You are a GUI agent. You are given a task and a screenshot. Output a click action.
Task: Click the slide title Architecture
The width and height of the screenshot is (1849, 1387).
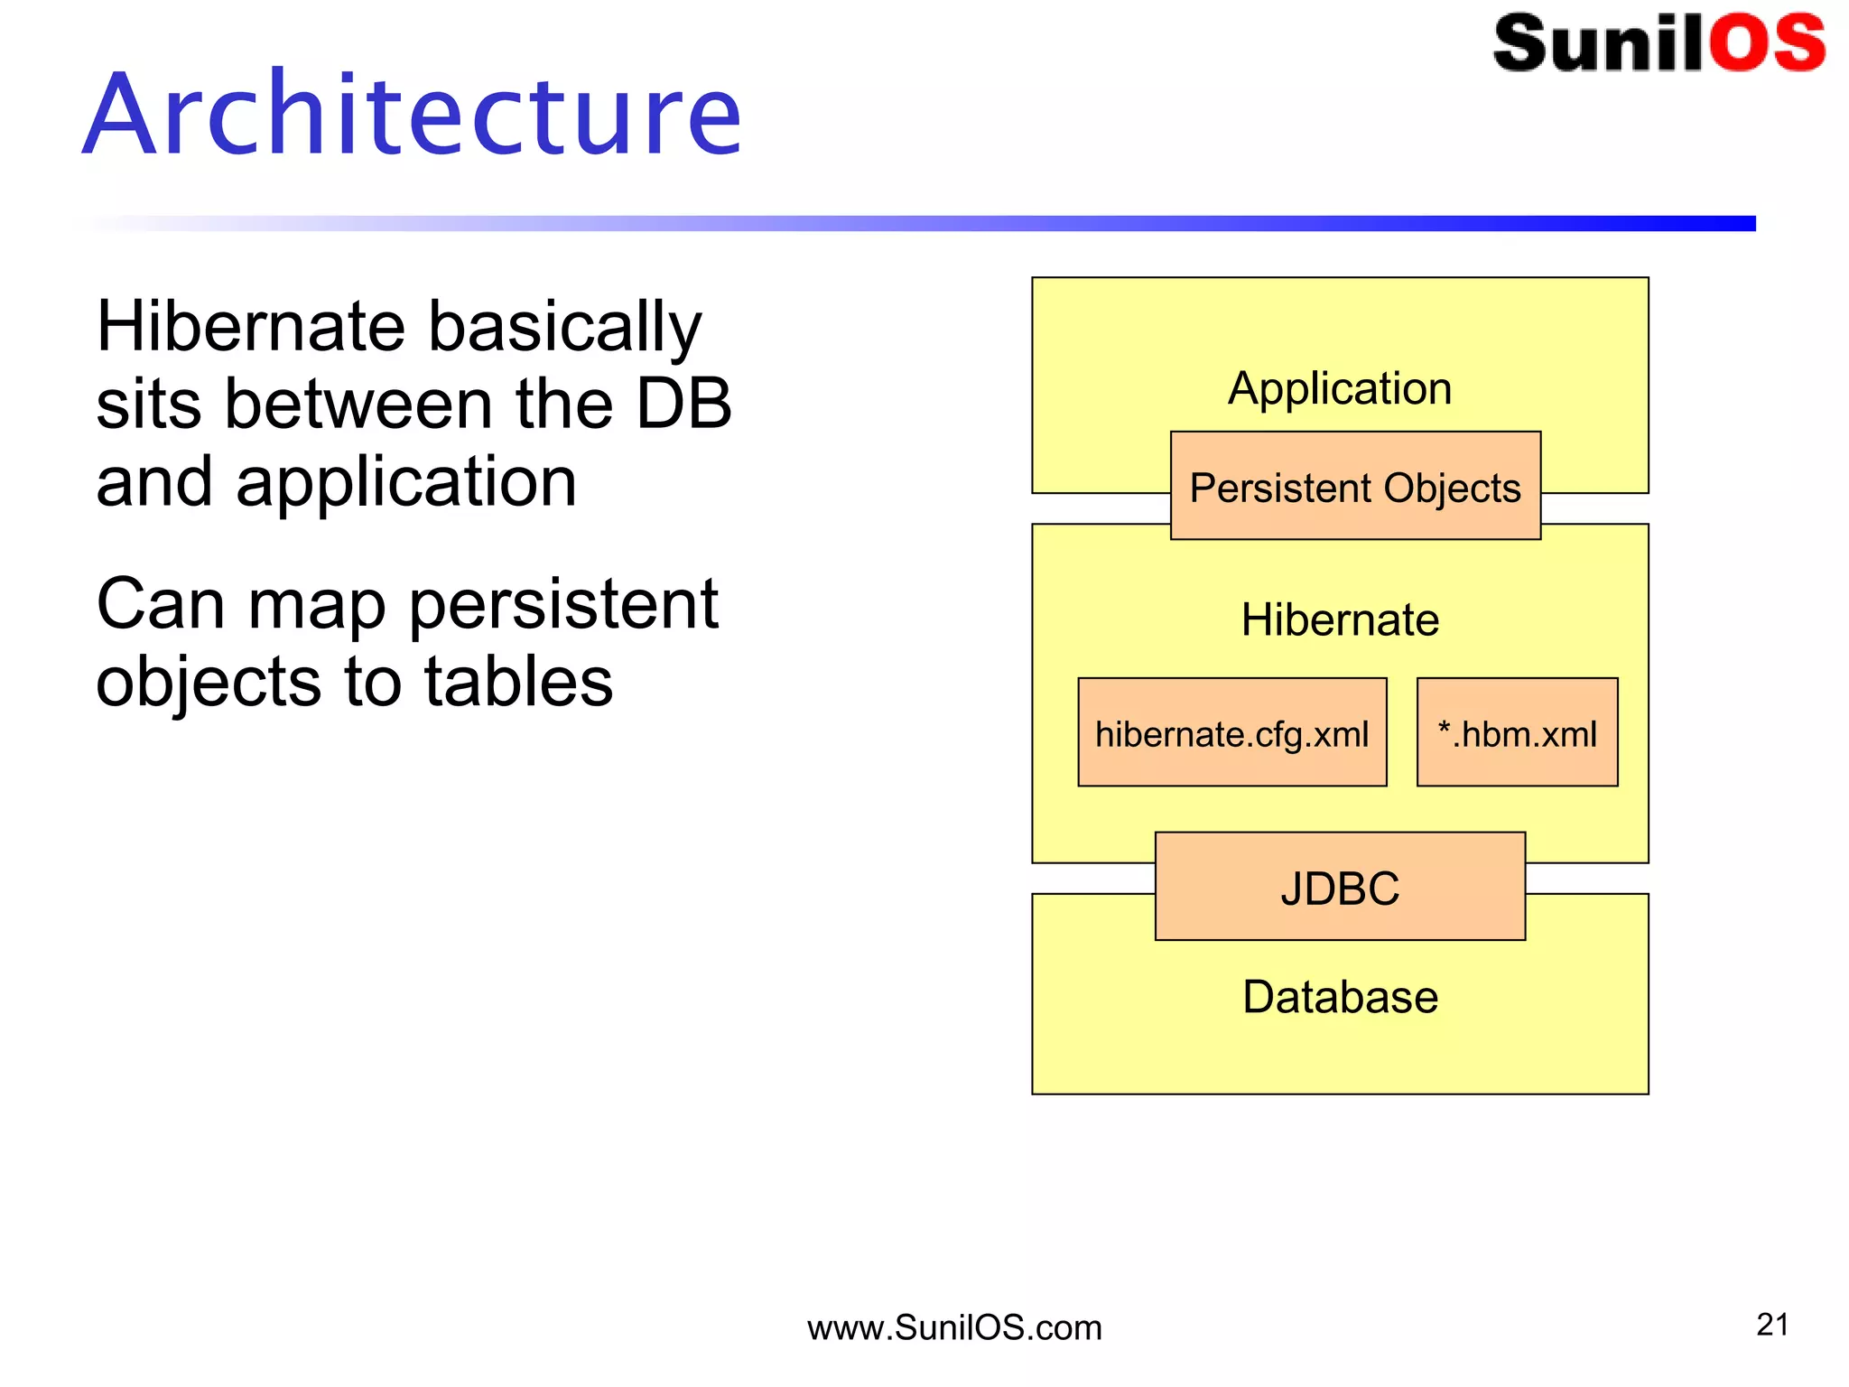tap(413, 115)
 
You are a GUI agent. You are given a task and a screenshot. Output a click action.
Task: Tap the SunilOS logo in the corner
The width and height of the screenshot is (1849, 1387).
tap(1659, 42)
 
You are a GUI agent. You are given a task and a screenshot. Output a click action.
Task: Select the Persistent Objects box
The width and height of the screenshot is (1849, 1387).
tap(1355, 487)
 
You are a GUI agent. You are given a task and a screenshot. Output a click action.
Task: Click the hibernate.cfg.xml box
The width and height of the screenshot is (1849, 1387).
tap(1231, 733)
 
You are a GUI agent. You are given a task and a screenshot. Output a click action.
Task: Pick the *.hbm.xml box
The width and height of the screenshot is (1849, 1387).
tap(1517, 733)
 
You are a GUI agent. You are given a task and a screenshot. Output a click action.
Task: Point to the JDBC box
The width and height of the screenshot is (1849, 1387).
tap(1340, 888)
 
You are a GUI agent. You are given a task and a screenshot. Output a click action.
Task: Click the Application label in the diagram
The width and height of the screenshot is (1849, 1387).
tap(1340, 388)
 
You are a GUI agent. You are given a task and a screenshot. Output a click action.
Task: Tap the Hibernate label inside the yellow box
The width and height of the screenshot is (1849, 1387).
tap(1340, 619)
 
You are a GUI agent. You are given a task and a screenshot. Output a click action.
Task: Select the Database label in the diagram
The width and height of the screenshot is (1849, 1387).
tap(1340, 997)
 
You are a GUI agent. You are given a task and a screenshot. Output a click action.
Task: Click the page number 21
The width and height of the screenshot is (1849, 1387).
tap(1772, 1325)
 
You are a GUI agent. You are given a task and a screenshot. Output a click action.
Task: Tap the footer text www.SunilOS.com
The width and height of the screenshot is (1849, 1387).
tap(954, 1327)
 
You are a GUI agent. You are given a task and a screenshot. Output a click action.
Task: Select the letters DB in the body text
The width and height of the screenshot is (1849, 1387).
tap(683, 404)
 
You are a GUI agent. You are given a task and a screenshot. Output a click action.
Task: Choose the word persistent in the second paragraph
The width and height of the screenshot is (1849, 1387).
tap(563, 605)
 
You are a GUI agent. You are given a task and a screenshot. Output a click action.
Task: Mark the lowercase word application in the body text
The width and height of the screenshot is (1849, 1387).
tap(405, 483)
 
